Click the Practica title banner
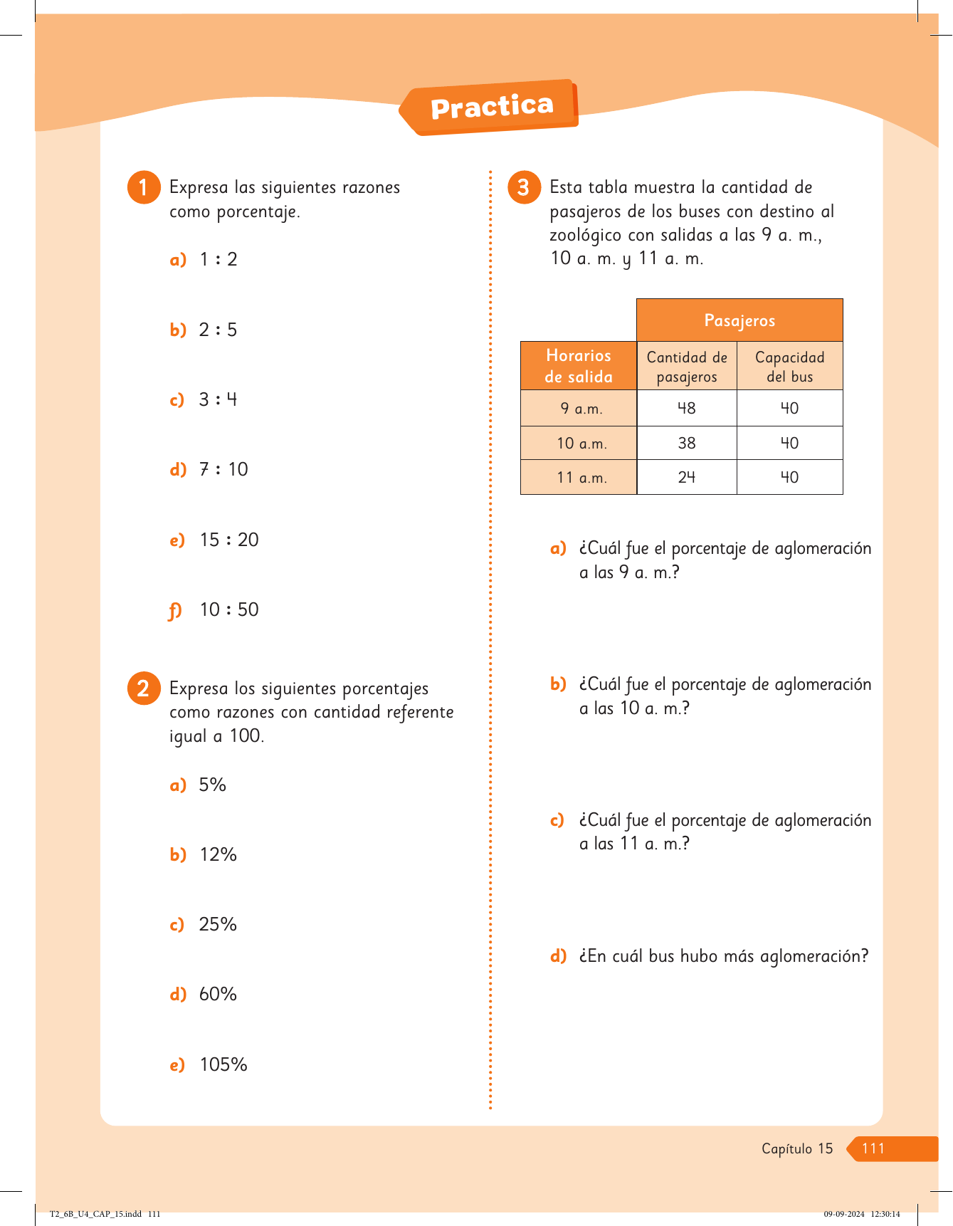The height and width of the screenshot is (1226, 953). click(x=491, y=107)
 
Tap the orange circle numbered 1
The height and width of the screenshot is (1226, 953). click(x=144, y=187)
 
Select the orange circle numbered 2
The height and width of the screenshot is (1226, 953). click(x=144, y=688)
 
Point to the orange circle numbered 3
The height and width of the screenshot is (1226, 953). click(x=524, y=187)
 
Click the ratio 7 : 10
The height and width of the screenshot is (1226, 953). click(x=223, y=469)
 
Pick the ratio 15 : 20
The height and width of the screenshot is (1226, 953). click(x=228, y=540)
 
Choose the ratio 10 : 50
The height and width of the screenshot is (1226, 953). click(x=228, y=609)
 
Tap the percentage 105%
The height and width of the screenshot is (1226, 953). click(x=223, y=1064)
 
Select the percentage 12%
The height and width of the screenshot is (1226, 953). click(x=218, y=854)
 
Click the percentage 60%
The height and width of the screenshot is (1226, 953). click(x=218, y=994)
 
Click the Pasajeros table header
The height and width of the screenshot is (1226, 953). click(x=739, y=320)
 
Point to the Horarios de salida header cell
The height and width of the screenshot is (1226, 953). click(x=579, y=366)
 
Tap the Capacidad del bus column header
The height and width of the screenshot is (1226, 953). click(x=789, y=366)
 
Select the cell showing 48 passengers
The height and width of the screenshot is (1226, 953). click(x=687, y=408)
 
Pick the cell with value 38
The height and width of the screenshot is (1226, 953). click(x=687, y=443)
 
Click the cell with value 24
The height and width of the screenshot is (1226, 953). click(x=687, y=477)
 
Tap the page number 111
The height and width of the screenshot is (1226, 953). click(x=873, y=1148)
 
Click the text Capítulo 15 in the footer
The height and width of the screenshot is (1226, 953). click(x=797, y=1148)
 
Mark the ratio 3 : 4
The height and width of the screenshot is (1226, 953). click(x=218, y=399)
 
